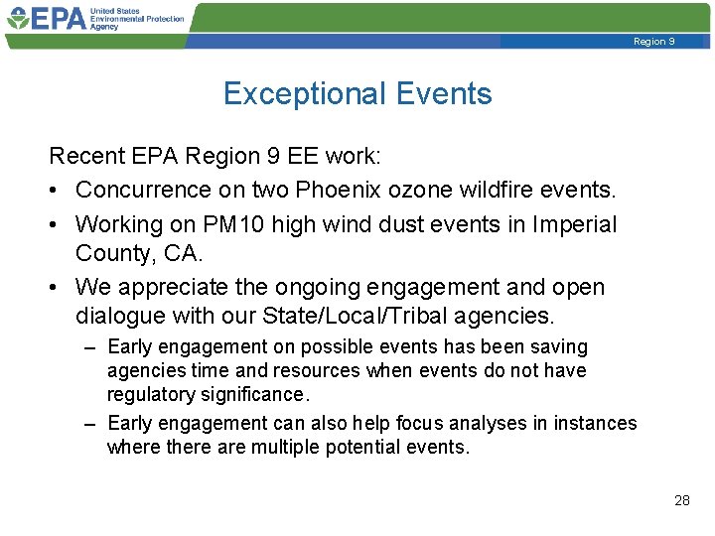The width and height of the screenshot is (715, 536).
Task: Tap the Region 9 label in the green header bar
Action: pos(653,42)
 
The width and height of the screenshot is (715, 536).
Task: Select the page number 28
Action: pos(681,500)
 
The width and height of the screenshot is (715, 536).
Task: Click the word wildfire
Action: pos(508,190)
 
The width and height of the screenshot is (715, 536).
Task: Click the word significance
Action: pos(254,394)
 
